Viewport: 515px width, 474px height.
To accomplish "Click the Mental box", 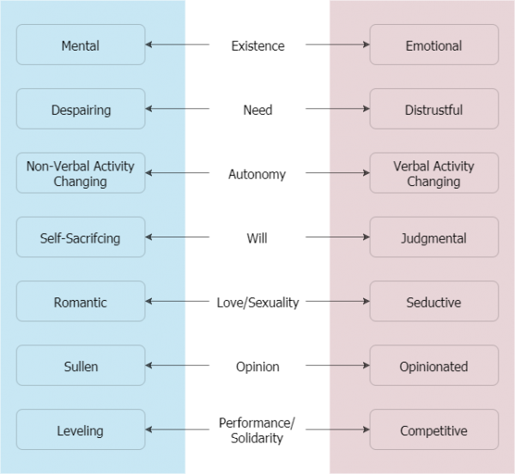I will point(81,45).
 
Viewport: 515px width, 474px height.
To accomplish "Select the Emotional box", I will point(433,45).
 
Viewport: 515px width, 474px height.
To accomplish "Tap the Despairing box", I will point(81,109).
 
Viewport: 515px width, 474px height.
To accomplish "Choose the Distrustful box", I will point(433,109).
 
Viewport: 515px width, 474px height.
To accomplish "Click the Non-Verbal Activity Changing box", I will point(81,173).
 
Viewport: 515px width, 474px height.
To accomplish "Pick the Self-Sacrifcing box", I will point(81,237).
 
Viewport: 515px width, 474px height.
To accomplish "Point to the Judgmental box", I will point(433,237).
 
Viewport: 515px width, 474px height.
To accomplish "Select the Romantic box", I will point(81,302).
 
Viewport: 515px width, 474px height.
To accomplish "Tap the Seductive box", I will point(433,302).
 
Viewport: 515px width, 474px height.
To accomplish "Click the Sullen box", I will point(81,366).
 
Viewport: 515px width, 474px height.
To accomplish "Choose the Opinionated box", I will point(433,366).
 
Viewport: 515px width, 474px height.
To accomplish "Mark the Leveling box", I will point(81,430).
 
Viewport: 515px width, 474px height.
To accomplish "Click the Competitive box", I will point(433,430).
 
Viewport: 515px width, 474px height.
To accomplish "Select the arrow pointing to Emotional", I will point(349,45).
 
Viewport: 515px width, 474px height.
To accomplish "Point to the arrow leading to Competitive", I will point(349,430).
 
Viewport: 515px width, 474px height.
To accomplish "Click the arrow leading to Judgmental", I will point(349,237).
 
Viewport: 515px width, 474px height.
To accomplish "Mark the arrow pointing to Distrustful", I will point(349,109).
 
